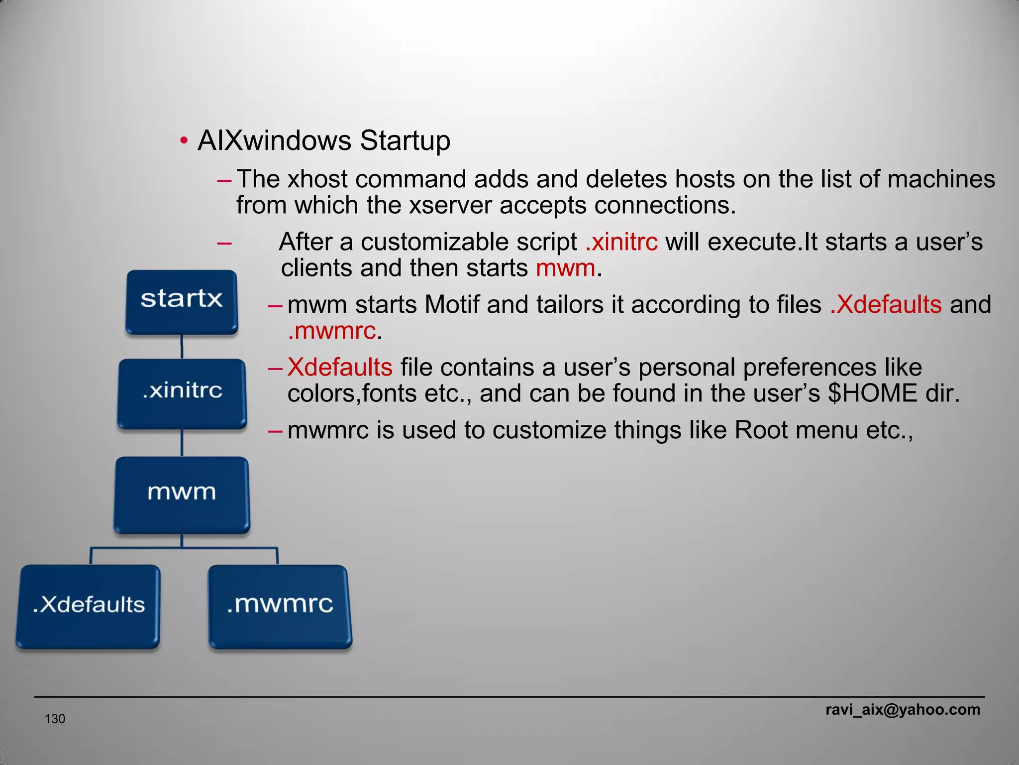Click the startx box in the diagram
pos(182,301)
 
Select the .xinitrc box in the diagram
pos(182,393)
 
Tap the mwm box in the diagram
pos(182,494)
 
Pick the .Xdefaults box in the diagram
pos(89,606)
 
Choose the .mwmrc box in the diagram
pos(280,606)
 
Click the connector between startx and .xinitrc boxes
pos(182,346)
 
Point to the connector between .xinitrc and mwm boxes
pos(182,442)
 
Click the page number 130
pos(55,719)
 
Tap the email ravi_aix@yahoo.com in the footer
pos(903,709)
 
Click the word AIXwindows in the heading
pos(275,140)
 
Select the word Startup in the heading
pos(405,140)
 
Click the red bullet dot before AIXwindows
pos(184,141)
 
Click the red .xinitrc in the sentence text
pos(621,242)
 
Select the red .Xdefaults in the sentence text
pos(886,304)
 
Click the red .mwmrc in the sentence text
pos(332,331)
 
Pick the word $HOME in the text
pos(872,393)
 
